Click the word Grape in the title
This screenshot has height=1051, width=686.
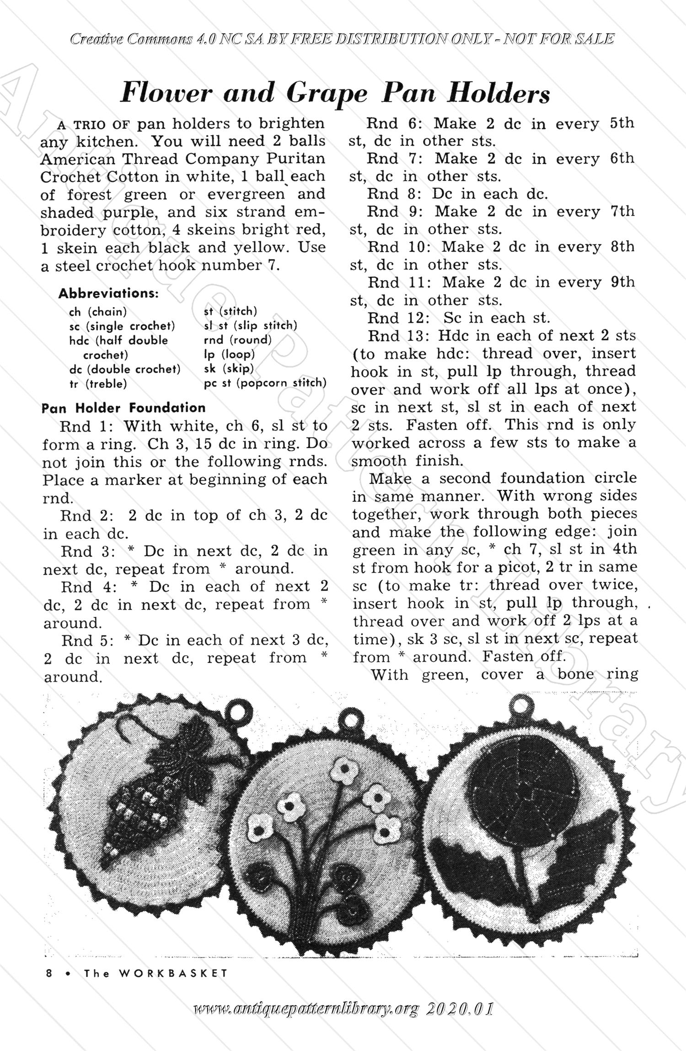coord(327,94)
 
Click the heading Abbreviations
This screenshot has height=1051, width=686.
coord(108,293)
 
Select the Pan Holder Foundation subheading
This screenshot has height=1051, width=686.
coord(123,408)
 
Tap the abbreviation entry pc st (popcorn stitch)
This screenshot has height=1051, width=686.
coord(265,382)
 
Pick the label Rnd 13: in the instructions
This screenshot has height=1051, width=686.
coord(399,336)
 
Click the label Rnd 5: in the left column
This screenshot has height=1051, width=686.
coord(87,641)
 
